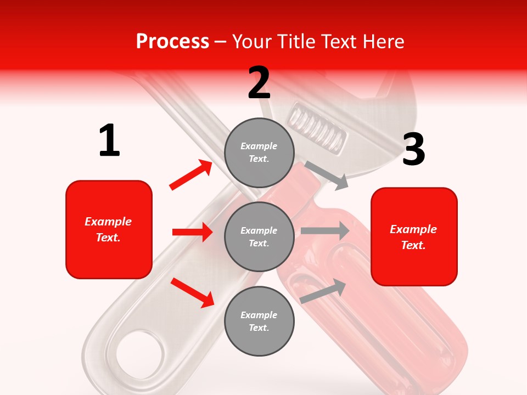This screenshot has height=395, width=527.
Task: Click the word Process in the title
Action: click(172, 41)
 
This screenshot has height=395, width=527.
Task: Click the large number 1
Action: click(109, 140)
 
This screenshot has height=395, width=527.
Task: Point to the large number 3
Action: click(413, 149)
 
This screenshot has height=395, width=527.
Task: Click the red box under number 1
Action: click(109, 229)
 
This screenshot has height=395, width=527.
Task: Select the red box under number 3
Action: click(414, 236)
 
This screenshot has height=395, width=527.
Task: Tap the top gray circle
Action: click(259, 152)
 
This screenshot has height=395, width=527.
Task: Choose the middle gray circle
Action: click(259, 236)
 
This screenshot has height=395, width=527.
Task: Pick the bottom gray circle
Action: click(259, 321)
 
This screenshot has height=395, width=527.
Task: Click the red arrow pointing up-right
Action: click(191, 175)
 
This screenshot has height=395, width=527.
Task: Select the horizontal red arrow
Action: click(192, 232)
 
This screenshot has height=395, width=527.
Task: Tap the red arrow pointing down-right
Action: click(193, 292)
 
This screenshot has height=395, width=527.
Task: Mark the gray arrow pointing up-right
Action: click(323, 291)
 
